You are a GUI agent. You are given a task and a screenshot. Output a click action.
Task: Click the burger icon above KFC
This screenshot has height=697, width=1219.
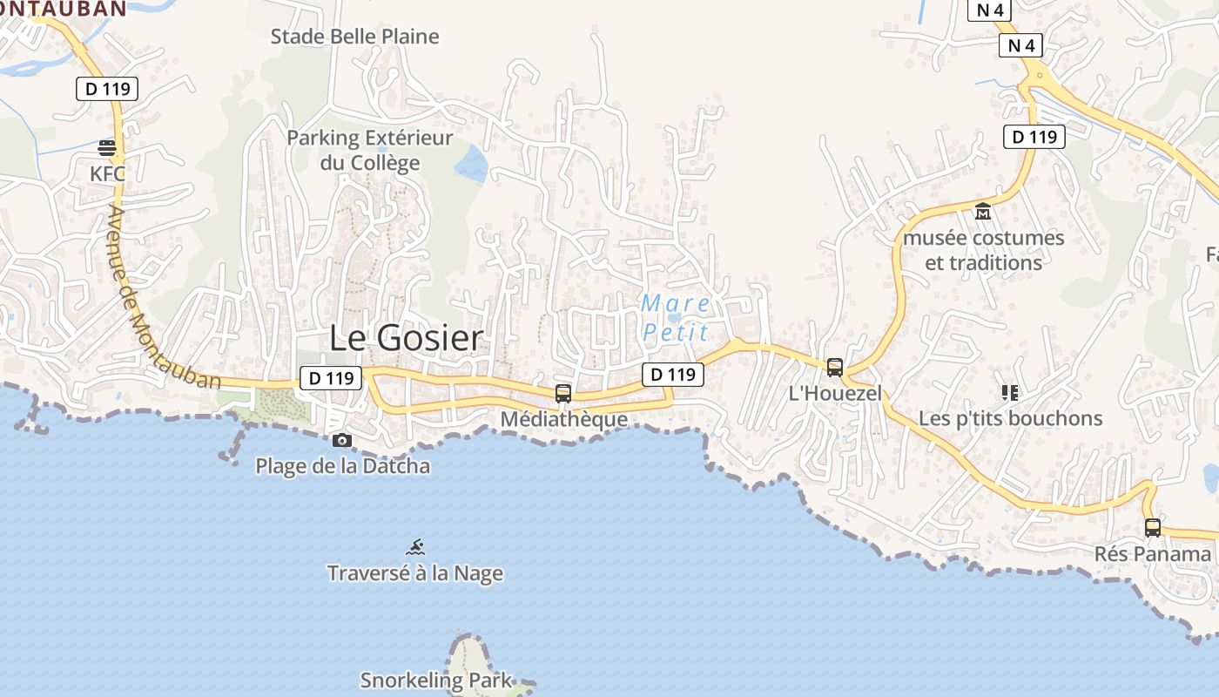coord(107,147)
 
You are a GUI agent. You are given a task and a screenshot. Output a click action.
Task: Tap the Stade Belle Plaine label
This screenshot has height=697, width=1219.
coord(354,37)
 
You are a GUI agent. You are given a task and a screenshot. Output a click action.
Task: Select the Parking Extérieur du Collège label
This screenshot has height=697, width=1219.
coord(370,150)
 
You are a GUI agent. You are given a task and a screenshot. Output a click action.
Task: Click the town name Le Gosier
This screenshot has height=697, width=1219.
coord(406,338)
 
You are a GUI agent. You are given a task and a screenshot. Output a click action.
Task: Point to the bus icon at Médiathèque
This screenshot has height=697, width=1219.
coord(563,393)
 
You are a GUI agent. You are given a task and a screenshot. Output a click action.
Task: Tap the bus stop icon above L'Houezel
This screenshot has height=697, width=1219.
coord(835,367)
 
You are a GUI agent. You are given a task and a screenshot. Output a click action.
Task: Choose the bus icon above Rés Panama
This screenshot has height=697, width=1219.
coord(1152,527)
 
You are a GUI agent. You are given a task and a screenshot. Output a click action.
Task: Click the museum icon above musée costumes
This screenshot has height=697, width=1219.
coord(983,211)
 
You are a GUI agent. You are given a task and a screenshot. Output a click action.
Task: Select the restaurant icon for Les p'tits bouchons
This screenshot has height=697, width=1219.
coord(1010,393)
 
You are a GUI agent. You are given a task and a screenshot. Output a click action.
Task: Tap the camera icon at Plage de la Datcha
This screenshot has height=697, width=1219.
coord(342,440)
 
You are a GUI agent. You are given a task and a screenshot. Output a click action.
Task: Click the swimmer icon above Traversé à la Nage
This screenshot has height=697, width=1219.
coord(416,547)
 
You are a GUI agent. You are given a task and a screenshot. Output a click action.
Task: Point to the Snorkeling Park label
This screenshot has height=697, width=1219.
coord(436,680)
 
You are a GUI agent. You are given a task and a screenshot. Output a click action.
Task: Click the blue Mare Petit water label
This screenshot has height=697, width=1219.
coord(676,317)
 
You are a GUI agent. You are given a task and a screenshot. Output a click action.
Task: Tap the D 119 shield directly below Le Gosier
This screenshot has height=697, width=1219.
coord(331,378)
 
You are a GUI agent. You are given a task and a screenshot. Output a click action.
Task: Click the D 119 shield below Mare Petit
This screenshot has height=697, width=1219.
coord(673,375)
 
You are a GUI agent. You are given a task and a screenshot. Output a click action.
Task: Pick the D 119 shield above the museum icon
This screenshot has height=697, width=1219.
coord(1034,137)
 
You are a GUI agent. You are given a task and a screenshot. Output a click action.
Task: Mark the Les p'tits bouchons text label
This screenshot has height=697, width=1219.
coord(1010,418)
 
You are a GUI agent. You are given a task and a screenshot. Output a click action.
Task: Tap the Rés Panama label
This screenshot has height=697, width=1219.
coord(1152,554)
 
